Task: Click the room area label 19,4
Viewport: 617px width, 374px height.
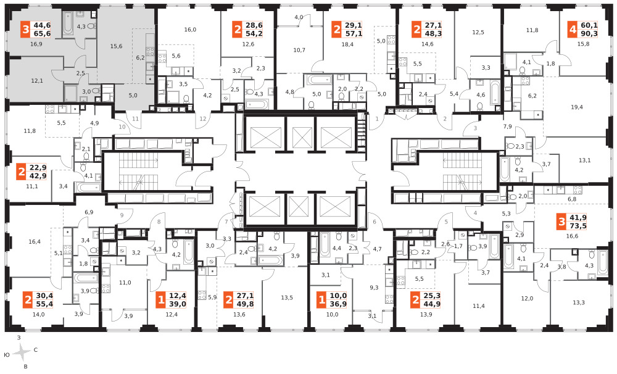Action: [576, 107]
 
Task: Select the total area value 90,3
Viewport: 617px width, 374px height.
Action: [589, 34]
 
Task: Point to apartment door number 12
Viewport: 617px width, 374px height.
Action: [203, 119]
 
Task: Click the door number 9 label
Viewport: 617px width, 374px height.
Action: [122, 215]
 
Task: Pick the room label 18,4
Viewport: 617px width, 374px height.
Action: [347, 44]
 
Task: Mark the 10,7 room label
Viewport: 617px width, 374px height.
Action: [299, 50]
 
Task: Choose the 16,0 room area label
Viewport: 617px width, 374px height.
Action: [190, 30]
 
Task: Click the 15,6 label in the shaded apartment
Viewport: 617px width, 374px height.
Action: [116, 46]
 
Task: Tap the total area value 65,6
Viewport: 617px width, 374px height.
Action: [43, 34]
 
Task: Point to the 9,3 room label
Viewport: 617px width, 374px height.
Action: [374, 288]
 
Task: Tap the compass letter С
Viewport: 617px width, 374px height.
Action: [35, 349]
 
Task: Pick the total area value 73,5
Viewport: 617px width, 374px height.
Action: [578, 226]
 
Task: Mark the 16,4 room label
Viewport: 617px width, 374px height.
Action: [35, 242]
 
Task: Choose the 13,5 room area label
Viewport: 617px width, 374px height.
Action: [287, 297]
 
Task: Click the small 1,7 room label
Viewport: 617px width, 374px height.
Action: [458, 246]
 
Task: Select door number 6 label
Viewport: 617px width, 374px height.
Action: [375, 222]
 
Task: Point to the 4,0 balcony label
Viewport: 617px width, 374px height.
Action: [299, 17]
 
